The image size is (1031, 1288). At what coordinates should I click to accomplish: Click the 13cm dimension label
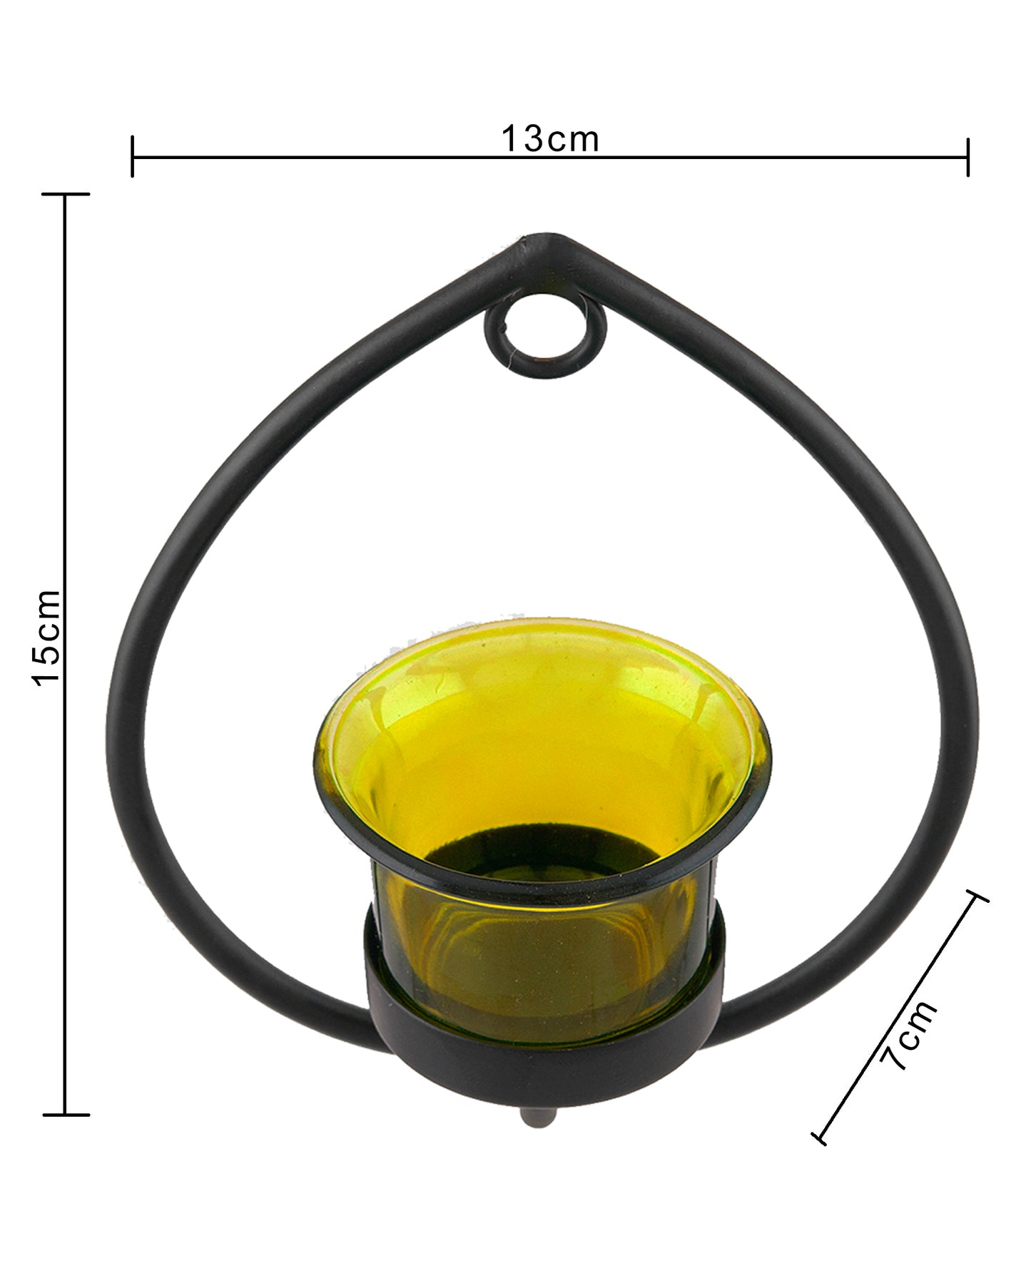click(x=549, y=140)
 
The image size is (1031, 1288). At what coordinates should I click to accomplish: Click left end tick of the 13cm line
click(x=133, y=157)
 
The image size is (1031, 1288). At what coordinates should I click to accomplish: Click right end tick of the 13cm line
click(x=967, y=157)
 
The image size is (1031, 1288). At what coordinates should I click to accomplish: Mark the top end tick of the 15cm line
click(x=66, y=194)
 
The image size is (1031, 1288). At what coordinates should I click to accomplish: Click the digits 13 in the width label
click(x=524, y=140)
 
